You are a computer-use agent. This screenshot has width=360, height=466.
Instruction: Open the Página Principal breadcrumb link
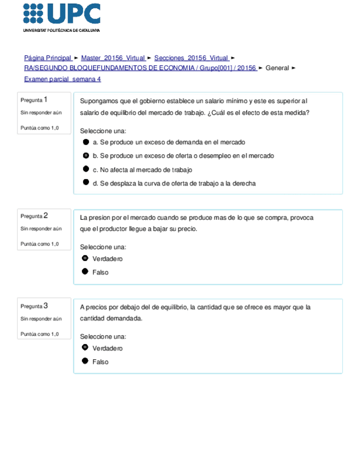pos(48,58)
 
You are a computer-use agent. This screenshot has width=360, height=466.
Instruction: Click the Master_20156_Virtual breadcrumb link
pos(113,58)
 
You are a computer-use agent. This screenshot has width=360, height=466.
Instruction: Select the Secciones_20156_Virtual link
pos(191,58)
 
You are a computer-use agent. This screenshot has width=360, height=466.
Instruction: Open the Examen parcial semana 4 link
pos(62,79)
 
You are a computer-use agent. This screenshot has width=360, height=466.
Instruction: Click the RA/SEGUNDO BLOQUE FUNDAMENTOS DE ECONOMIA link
pos(140,68)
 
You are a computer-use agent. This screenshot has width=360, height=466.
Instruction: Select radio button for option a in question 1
pos(86,142)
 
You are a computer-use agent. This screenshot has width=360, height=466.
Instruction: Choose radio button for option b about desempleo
pos(86,156)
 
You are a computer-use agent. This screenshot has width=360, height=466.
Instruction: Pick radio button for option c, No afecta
pos(86,169)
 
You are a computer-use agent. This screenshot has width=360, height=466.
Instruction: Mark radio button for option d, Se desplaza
pos(86,182)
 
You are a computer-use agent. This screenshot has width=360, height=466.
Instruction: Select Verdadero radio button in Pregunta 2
pos(85,258)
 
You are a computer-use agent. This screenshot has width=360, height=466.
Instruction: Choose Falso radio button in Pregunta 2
pos(85,271)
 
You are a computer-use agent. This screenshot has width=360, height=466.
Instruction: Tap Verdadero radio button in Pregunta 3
pos(85,348)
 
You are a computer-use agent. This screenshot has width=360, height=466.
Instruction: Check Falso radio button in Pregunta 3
pos(85,361)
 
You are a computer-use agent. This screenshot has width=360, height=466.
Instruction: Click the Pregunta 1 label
pos(34,100)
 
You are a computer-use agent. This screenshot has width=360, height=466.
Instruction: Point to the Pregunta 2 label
pos(34,216)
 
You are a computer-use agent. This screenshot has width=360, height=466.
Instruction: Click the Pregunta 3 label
pos(34,306)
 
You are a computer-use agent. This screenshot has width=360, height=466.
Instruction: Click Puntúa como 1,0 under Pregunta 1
pos(39,128)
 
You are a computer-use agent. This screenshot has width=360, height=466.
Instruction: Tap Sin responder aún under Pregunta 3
pos(41,319)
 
